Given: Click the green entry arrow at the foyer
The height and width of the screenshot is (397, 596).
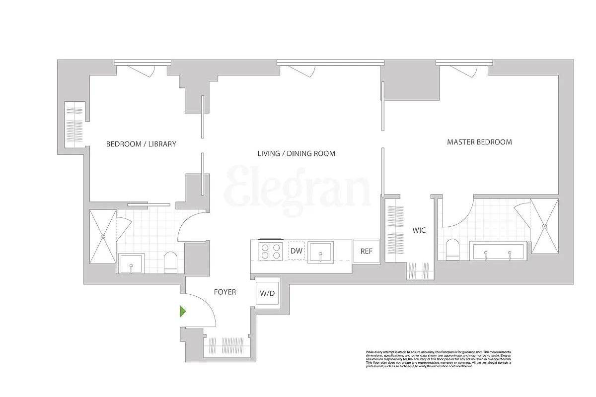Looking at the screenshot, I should [x=183, y=312].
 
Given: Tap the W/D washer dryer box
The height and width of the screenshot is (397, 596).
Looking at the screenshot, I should [x=267, y=293].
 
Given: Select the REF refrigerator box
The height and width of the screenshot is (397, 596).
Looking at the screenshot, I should [x=366, y=251].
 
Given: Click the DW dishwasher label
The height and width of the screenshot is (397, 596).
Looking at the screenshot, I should [x=297, y=251].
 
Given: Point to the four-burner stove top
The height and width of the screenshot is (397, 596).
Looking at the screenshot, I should [x=271, y=251].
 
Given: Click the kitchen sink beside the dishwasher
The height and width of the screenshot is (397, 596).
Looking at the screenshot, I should [x=320, y=252].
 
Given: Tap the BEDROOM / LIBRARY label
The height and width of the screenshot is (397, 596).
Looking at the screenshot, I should [x=141, y=144].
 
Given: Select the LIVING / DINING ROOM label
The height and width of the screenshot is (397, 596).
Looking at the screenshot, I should [x=296, y=153].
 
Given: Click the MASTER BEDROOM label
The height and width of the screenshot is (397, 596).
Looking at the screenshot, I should [x=479, y=142].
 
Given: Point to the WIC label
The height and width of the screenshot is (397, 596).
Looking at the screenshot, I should [x=419, y=230].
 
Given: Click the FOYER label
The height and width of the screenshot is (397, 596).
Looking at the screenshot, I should [x=225, y=292].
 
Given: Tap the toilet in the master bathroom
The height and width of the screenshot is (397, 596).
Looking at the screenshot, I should [x=453, y=250].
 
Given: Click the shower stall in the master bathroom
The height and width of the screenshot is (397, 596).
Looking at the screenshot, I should [x=544, y=226].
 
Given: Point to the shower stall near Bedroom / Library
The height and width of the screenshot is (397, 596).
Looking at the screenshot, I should [x=103, y=236].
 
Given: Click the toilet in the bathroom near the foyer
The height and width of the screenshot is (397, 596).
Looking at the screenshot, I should [x=170, y=262].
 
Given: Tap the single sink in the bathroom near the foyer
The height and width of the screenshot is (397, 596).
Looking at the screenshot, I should [x=131, y=263].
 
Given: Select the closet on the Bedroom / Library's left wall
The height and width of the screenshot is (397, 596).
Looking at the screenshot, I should [x=75, y=125].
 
